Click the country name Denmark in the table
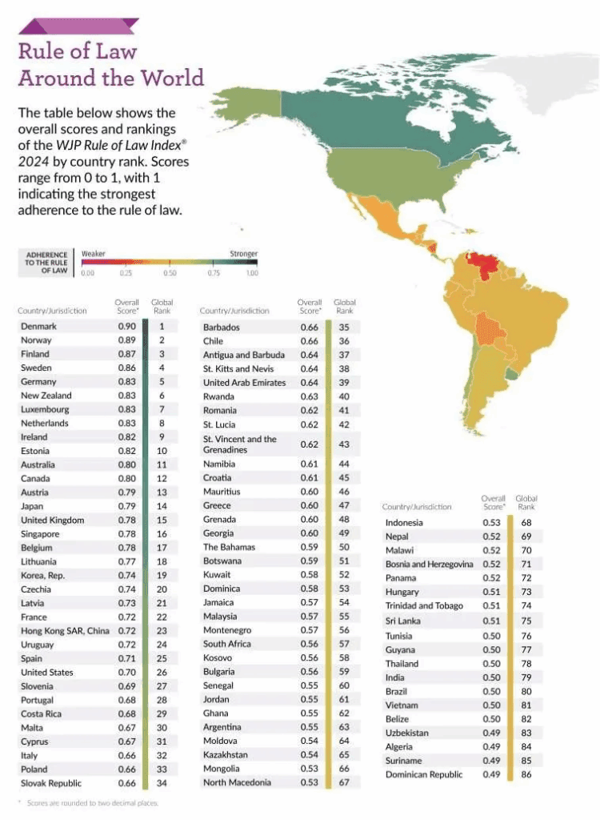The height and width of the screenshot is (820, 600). pyautogui.click(x=38, y=326)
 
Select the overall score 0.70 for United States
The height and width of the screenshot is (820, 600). pyautogui.click(x=126, y=672)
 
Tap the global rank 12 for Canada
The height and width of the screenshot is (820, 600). pyautogui.click(x=162, y=478)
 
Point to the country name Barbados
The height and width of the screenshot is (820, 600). pyautogui.click(x=221, y=327)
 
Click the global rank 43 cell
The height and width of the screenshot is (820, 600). pyautogui.click(x=344, y=444)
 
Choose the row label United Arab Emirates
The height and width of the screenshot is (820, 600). pyautogui.click(x=244, y=383)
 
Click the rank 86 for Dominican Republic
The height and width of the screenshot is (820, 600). pyautogui.click(x=527, y=774)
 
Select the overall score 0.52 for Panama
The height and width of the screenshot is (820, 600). pyautogui.click(x=493, y=577)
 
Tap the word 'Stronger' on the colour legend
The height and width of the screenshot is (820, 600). pyautogui.click(x=244, y=254)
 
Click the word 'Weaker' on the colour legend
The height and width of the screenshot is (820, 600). pyautogui.click(x=94, y=254)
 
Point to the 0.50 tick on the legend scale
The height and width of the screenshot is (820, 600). pyautogui.click(x=170, y=273)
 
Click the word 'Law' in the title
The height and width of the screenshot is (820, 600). pyautogui.click(x=113, y=51)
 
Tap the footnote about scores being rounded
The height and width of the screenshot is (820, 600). pyautogui.click(x=89, y=802)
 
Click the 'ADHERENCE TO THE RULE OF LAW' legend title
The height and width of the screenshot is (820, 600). pyautogui.click(x=46, y=262)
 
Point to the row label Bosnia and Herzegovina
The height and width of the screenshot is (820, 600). pyautogui.click(x=429, y=565)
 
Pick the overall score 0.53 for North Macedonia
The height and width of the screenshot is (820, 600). pyautogui.click(x=309, y=782)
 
